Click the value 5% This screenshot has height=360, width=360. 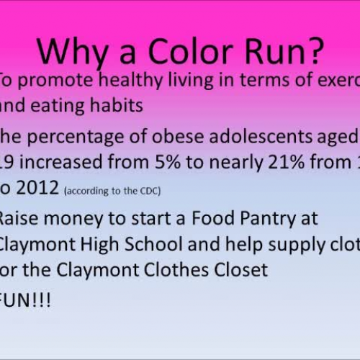tap(156, 164)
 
